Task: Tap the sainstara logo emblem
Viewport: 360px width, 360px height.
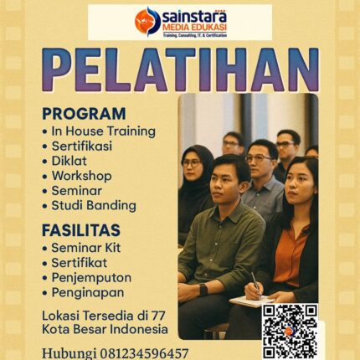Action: [147, 21]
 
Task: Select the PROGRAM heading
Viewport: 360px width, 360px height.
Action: [84, 113]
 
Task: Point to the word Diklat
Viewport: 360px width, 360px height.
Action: [70, 161]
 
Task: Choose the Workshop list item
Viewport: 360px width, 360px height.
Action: [81, 176]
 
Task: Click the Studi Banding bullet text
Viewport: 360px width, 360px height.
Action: [93, 205]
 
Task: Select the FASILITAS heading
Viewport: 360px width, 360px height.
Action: [81, 229]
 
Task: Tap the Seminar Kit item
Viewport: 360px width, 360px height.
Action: [91, 249]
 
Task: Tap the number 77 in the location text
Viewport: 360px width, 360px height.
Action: [160, 315]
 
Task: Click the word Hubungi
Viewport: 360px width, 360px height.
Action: [69, 352]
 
